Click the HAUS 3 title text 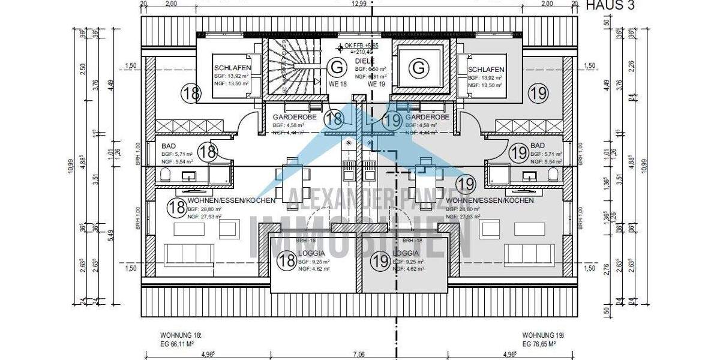point(610,5)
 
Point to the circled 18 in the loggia point(286,260)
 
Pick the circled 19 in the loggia point(379,261)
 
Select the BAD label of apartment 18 point(167,146)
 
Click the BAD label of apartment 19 point(538,146)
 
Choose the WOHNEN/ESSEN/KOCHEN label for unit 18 point(231,200)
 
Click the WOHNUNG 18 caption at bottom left point(180,335)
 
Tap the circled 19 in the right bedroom point(538,92)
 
